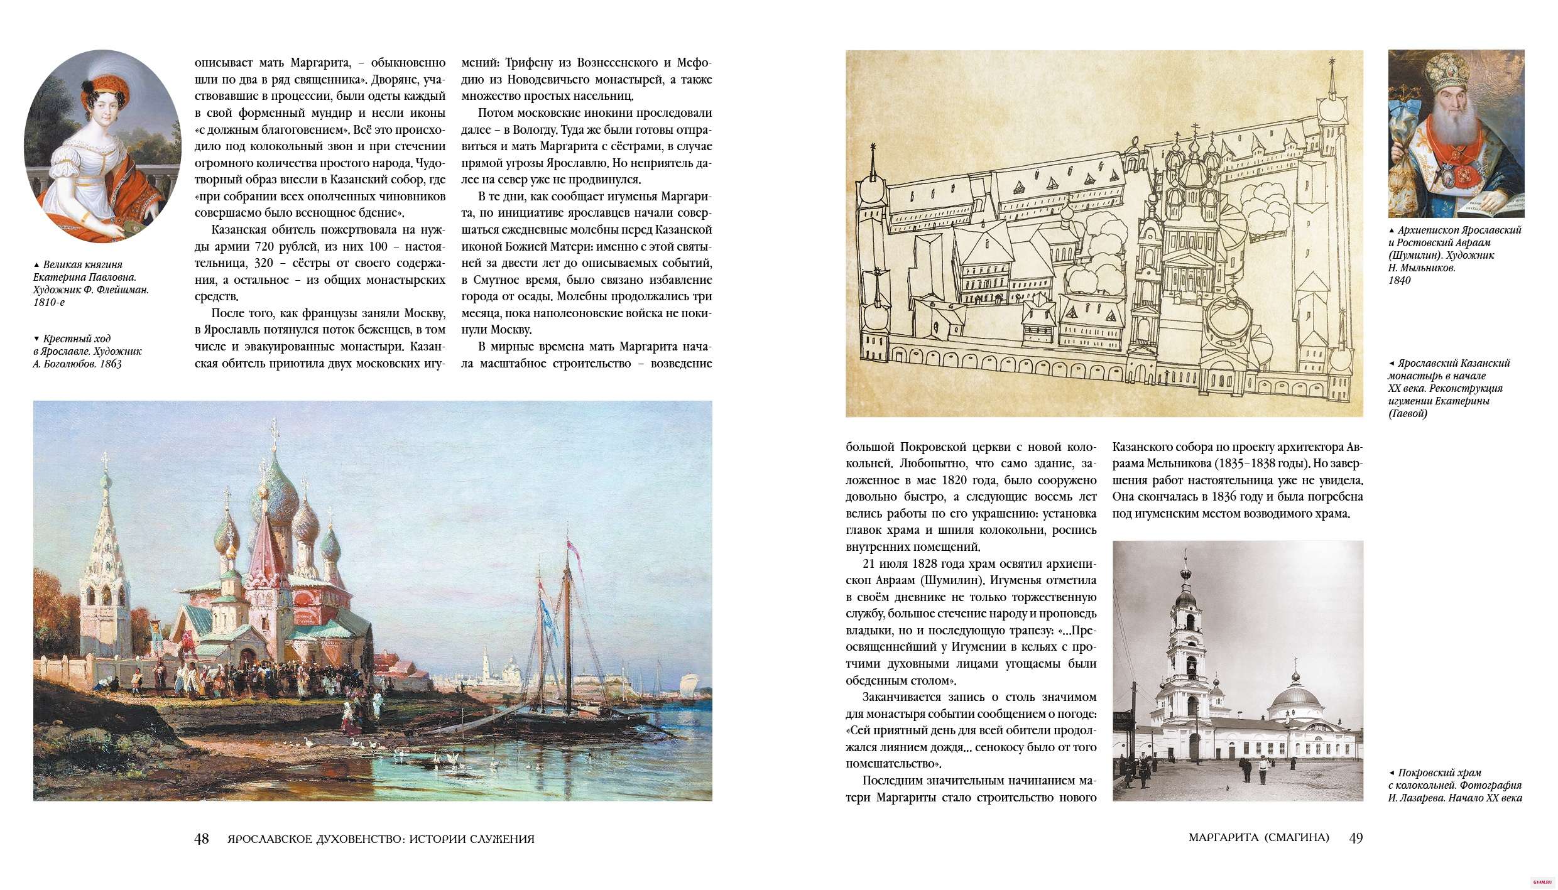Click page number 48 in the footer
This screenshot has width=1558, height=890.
[201, 839]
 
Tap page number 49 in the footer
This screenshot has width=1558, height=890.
[1356, 838]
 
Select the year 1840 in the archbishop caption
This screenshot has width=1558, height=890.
[1400, 281]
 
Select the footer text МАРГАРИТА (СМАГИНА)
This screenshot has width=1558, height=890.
[1258, 838]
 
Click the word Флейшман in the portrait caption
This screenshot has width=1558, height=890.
[122, 290]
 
